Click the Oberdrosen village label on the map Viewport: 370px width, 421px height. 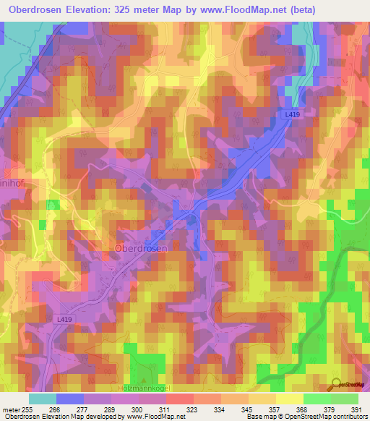[141, 247]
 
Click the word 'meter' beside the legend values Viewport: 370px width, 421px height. [11, 409]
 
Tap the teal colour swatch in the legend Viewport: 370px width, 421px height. [43, 399]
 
